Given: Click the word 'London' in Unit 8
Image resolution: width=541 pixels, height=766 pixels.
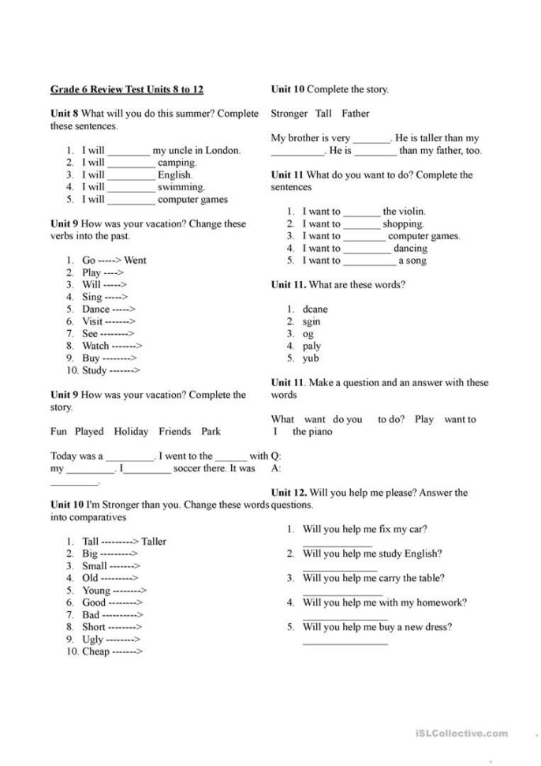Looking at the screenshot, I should pos(221,150).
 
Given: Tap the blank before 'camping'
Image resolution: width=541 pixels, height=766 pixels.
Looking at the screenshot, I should pos(131,163).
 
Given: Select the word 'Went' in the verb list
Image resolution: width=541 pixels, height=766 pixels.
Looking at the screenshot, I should pos(135,260).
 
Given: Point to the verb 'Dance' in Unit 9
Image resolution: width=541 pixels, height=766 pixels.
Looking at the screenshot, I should pos(95,310).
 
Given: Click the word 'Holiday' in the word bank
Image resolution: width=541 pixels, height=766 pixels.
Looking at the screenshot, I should pos(131,432).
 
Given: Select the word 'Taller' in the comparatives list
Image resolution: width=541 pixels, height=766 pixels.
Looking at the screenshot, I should pos(154,542).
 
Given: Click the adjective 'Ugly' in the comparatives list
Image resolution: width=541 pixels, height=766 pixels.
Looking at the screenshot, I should pos(92,640).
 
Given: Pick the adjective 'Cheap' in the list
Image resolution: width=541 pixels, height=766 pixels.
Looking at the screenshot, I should pos(95,652).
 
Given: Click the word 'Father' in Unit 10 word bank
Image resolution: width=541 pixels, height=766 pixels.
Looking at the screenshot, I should pos(356,114).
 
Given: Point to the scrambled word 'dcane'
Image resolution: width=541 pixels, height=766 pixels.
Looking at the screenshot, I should pos(315,310).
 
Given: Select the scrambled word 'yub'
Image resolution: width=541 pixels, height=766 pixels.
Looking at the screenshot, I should pos(311,359).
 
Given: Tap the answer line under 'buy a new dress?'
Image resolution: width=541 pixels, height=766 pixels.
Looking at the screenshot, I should pos(345,642).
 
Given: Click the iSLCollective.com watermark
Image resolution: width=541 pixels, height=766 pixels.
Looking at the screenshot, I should pos(461,734).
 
